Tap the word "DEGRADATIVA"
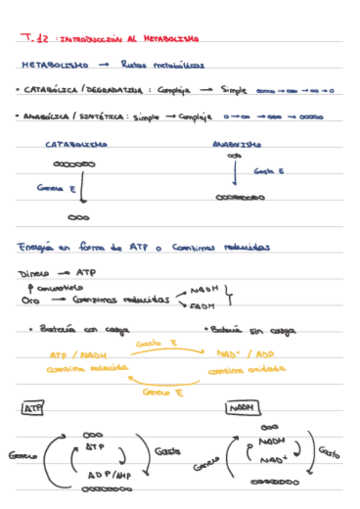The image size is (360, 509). pyautogui.click(x=114, y=91)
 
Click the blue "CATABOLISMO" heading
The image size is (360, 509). pyautogui.click(x=76, y=145)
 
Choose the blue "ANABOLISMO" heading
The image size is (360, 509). pyautogui.click(x=236, y=145)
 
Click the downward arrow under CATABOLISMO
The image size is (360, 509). pyautogui.click(x=82, y=193)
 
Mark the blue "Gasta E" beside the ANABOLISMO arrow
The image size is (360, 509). pyautogui.click(x=268, y=171)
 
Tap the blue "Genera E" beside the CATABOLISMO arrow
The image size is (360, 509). pyautogui.click(x=55, y=187)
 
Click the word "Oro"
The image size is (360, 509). pyautogui.click(x=25, y=301)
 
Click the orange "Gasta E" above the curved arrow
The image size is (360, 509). pyautogui.click(x=157, y=344)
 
